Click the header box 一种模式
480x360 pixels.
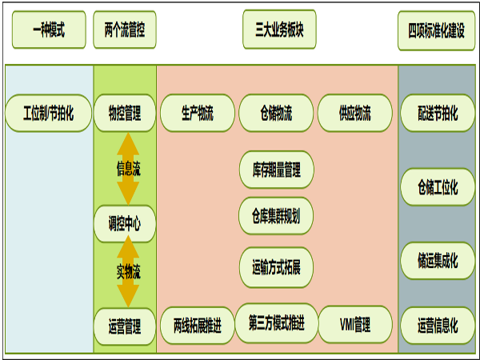click(x=48, y=31)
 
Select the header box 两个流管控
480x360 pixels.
click(x=125, y=31)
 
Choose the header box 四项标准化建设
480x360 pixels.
click(x=436, y=31)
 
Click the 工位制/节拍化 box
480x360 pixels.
click(x=48, y=113)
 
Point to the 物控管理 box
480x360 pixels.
click(x=125, y=113)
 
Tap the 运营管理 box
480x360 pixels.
click(x=125, y=326)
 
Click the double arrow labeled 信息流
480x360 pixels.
click(x=127, y=169)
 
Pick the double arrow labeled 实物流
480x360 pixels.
click(x=127, y=273)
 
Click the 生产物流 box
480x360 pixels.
click(x=198, y=113)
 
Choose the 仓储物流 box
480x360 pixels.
click(x=276, y=113)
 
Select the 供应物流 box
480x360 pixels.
click(x=355, y=113)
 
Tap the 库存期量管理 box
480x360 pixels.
click(x=276, y=170)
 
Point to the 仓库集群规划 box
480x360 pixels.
click(x=276, y=216)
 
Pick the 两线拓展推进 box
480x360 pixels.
click(x=198, y=326)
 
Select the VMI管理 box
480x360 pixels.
click(x=355, y=325)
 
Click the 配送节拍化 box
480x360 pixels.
click(x=438, y=113)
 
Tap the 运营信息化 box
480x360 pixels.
click(x=438, y=326)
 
